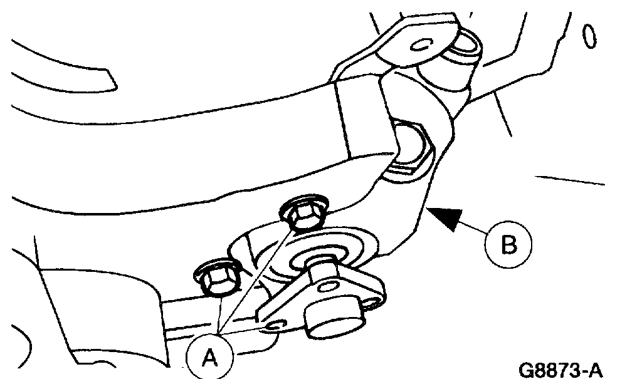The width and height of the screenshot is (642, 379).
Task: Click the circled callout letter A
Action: pyautogui.click(x=209, y=356)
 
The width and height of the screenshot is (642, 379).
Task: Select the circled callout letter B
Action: pyautogui.click(x=508, y=243)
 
